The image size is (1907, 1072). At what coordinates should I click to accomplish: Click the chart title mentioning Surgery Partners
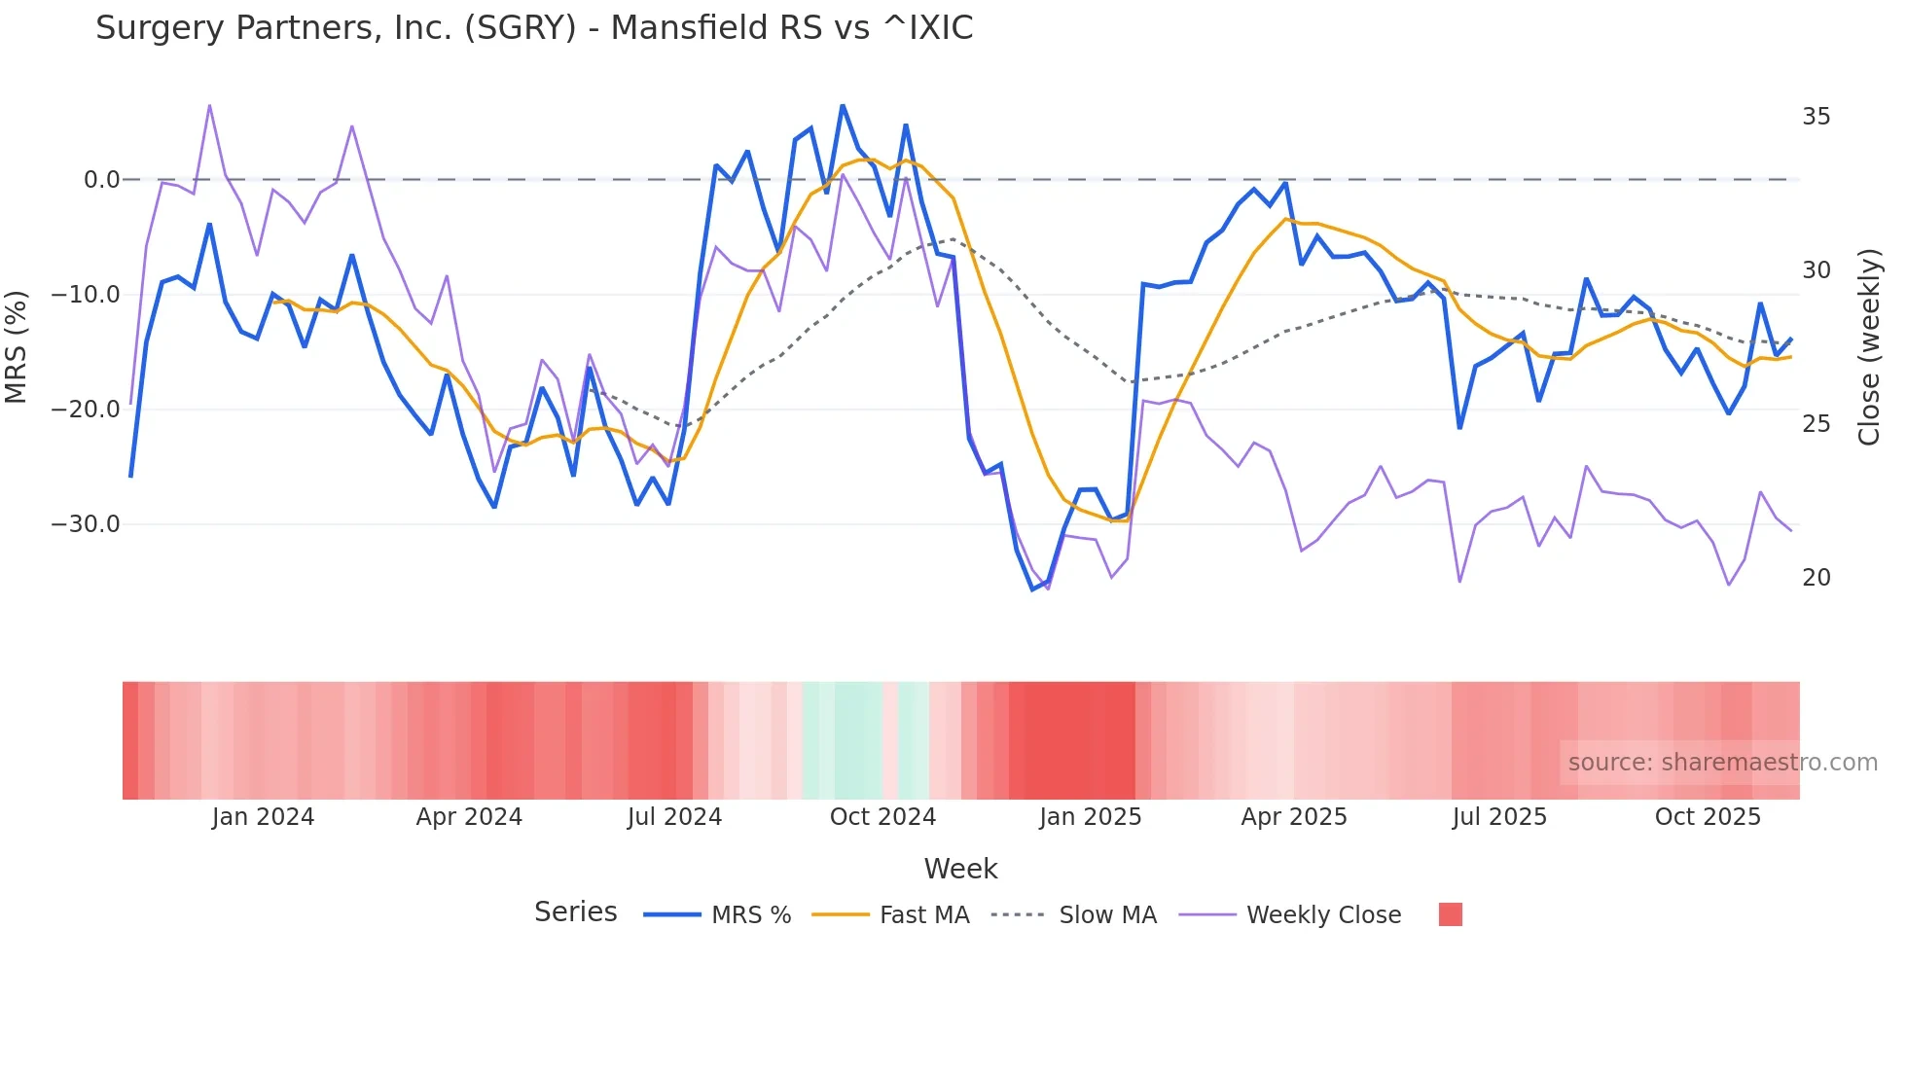pyautogui.click(x=534, y=28)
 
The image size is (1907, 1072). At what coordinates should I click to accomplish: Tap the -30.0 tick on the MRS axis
pyautogui.click(x=86, y=524)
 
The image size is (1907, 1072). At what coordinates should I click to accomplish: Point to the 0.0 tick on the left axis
pyautogui.click(x=101, y=180)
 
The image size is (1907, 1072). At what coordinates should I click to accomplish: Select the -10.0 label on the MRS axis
pyautogui.click(x=86, y=295)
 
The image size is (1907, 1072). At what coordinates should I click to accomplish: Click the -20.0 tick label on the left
pyautogui.click(x=86, y=410)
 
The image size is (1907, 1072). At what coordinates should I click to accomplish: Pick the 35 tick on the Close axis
pyautogui.click(x=1816, y=117)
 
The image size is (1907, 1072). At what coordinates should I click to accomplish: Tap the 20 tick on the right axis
pyautogui.click(x=1816, y=578)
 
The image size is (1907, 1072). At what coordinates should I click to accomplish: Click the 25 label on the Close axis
pyautogui.click(x=1816, y=424)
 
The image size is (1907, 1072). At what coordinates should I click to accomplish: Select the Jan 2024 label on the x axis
pyautogui.click(x=263, y=817)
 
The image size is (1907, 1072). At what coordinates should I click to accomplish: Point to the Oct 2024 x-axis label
pyautogui.click(x=882, y=817)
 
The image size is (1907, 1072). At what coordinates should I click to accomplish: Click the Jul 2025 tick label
pyautogui.click(x=1499, y=817)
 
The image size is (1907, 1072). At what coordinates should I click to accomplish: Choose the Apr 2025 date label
pyautogui.click(x=1294, y=817)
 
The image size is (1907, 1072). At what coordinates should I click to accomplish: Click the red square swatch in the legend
pyautogui.click(x=1450, y=914)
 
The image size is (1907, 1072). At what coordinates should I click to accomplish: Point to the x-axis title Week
pyautogui.click(x=960, y=869)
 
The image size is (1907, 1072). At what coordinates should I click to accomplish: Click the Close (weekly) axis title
pyautogui.click(x=1869, y=347)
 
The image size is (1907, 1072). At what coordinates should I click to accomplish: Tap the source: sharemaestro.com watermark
pyautogui.click(x=1722, y=763)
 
